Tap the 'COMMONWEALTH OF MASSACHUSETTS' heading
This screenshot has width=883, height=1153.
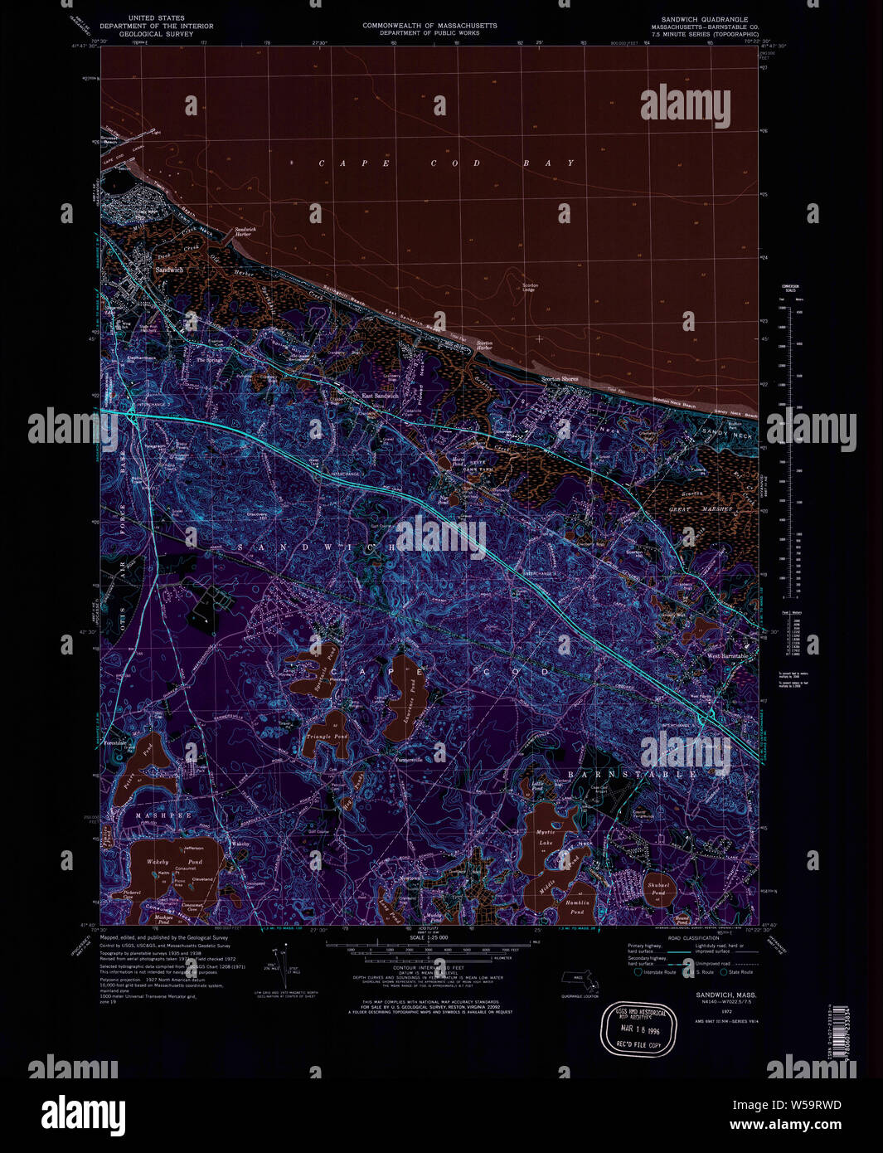pyautogui.click(x=429, y=26)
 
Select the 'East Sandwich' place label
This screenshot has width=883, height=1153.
pyautogui.click(x=381, y=396)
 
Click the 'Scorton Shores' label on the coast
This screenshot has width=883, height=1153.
pyautogui.click(x=560, y=379)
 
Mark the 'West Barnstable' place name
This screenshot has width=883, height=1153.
pyautogui.click(x=727, y=656)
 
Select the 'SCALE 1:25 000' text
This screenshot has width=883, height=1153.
pyautogui.click(x=429, y=937)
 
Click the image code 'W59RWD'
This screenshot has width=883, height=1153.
pyautogui.click(x=804, y=1104)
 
